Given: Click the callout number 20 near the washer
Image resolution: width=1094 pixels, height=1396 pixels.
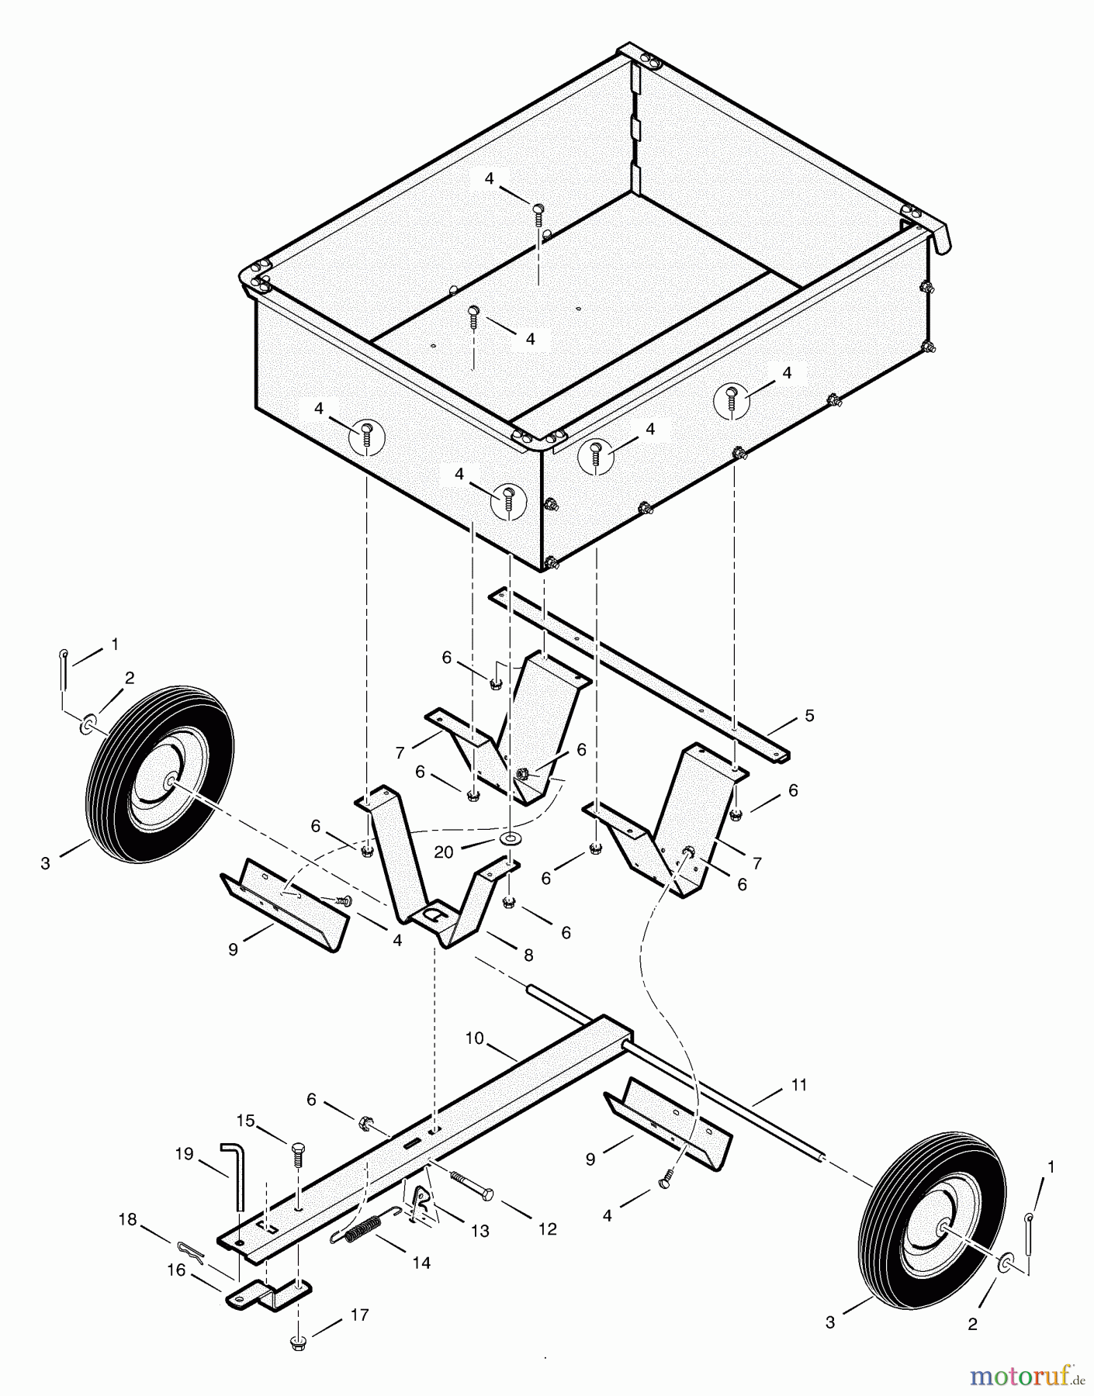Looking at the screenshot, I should pos(444,852).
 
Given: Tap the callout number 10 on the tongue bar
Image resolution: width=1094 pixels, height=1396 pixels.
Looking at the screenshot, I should pos(475,1037).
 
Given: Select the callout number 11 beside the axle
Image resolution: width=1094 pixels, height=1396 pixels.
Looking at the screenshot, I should pos(799,1084).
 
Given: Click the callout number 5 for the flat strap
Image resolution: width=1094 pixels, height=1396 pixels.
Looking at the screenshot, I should pos(809,716).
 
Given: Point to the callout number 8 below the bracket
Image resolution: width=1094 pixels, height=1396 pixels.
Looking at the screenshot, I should pos(528,955).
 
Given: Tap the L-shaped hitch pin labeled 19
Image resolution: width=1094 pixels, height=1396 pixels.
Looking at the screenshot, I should pos(234,1175).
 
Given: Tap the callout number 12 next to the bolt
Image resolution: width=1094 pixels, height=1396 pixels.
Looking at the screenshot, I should pos(548,1229).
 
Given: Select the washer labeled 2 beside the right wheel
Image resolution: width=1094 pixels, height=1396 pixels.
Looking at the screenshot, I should pos(1006,1263).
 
